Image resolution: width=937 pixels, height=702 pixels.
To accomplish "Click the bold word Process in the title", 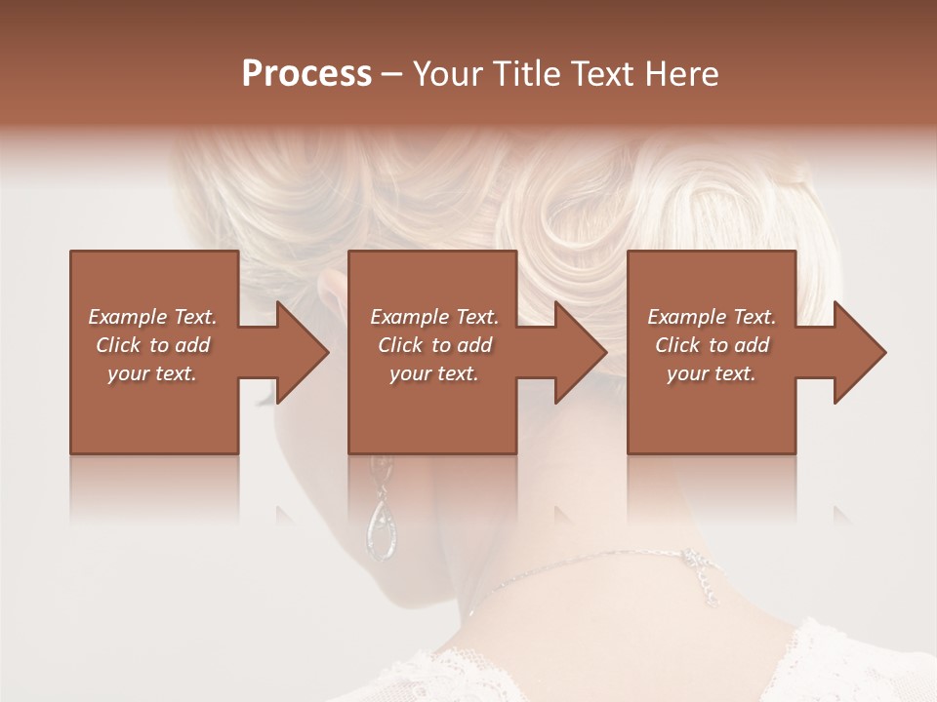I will click(306, 74).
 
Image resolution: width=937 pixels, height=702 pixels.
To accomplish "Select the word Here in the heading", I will click(682, 74).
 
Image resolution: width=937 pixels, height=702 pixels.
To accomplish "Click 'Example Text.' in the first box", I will click(152, 317).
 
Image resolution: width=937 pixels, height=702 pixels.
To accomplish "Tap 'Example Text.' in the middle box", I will click(434, 317).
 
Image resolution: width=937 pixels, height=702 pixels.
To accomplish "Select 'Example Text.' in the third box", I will click(712, 317).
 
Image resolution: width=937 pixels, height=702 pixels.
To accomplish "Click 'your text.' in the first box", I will click(152, 373).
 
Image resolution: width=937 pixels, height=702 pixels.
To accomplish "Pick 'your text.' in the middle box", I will click(434, 373).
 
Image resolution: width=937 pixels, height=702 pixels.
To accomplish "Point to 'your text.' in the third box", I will click(712, 373).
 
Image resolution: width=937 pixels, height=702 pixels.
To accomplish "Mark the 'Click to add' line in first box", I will click(152, 345).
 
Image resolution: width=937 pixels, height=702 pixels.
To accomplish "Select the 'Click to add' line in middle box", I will click(434, 345).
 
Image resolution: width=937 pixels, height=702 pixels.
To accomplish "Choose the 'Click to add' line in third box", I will click(712, 345).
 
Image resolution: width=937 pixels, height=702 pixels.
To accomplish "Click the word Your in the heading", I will click(448, 74).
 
